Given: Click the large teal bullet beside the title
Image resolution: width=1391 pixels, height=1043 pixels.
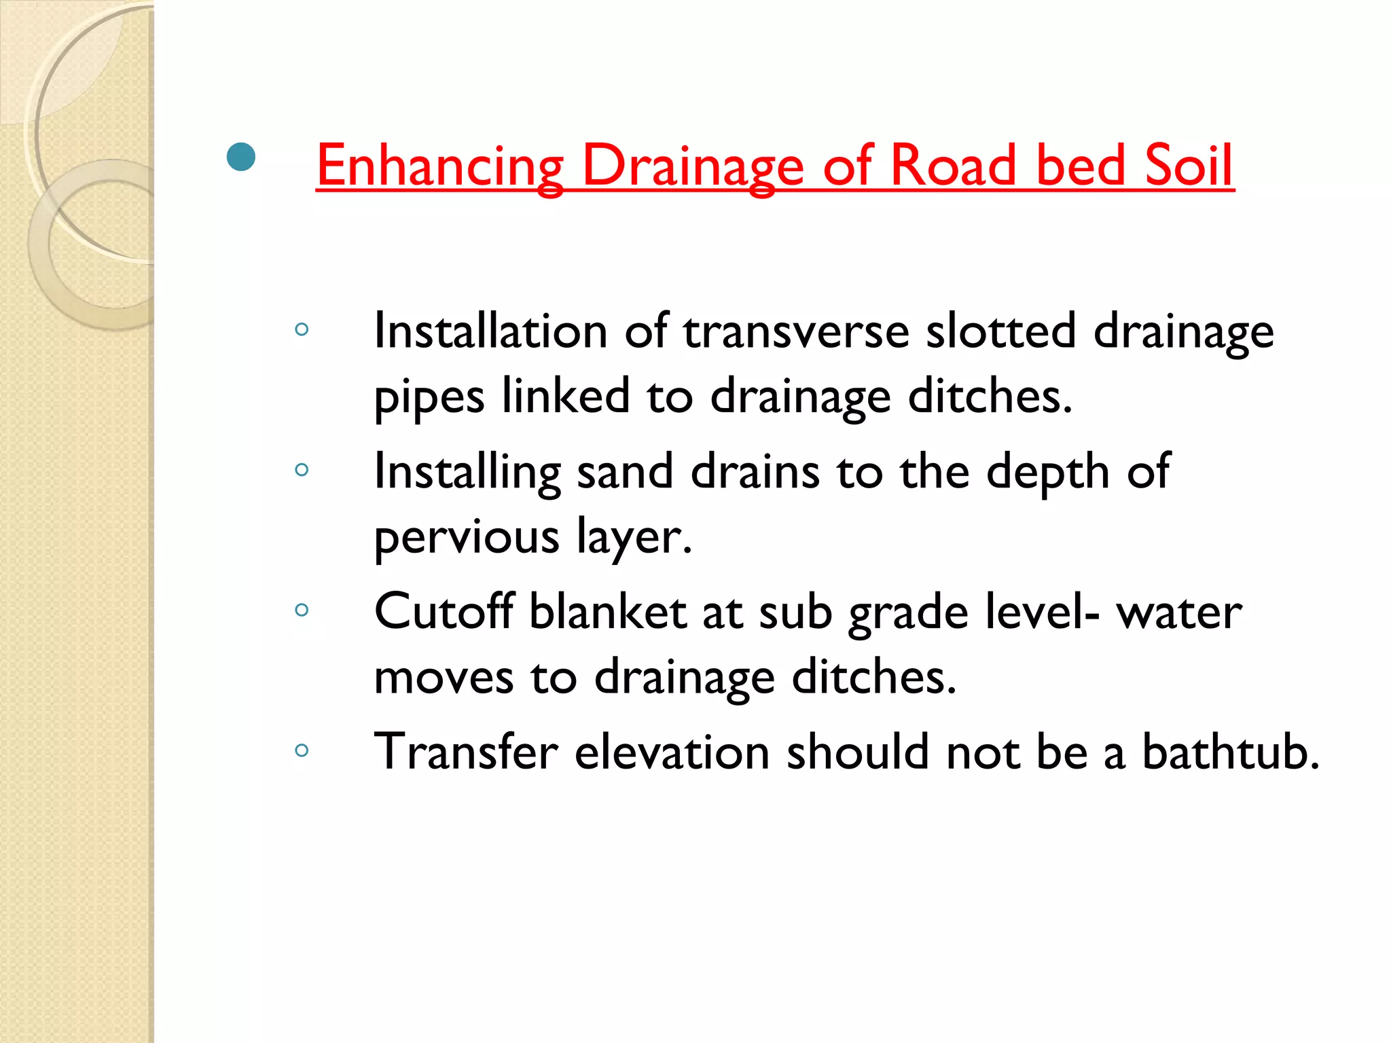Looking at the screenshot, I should [241, 158].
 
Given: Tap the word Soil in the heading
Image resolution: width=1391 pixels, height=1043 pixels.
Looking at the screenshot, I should [1188, 166].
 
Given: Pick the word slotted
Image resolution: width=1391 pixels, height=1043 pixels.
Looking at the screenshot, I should [1001, 331].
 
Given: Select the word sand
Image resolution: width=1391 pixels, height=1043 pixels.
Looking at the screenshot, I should [625, 471].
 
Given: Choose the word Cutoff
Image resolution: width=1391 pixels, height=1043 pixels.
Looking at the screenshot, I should [444, 611].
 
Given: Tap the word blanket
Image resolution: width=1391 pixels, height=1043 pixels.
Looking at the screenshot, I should [607, 611].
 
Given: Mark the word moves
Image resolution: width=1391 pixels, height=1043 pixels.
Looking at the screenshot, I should [444, 678].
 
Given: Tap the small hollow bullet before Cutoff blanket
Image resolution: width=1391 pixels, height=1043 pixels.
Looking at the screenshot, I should [302, 610].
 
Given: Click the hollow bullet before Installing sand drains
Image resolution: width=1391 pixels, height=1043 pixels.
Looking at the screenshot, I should [302, 469].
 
